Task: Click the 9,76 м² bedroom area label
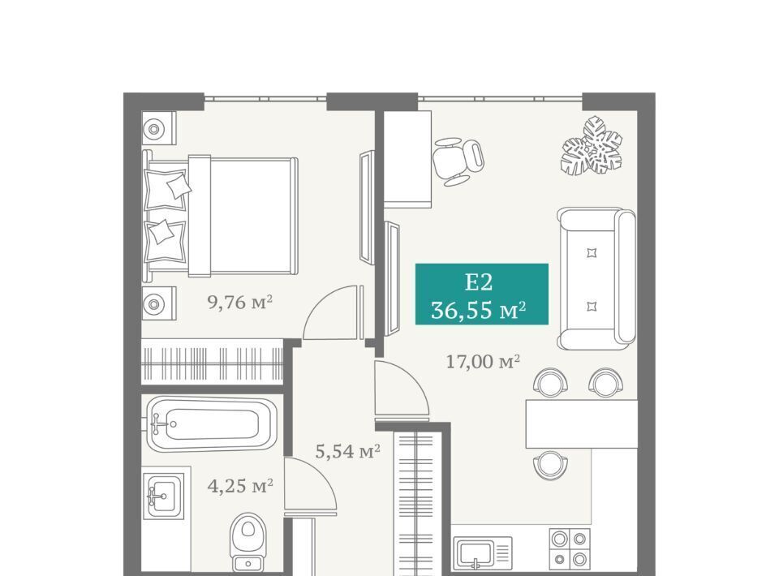click(240, 302)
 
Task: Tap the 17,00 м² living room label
click(482, 362)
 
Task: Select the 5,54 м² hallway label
click(348, 451)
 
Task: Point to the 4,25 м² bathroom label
click(240, 486)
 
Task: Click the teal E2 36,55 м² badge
click(482, 294)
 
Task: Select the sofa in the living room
click(596, 279)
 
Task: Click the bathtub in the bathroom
click(212, 423)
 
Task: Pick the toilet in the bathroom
click(248, 542)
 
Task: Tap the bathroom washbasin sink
click(163, 496)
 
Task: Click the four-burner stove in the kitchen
click(570, 548)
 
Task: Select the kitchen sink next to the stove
click(482, 553)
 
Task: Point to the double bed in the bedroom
click(220, 216)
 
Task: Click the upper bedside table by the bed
click(158, 127)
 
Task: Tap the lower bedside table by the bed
click(158, 303)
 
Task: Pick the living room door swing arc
click(412, 377)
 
